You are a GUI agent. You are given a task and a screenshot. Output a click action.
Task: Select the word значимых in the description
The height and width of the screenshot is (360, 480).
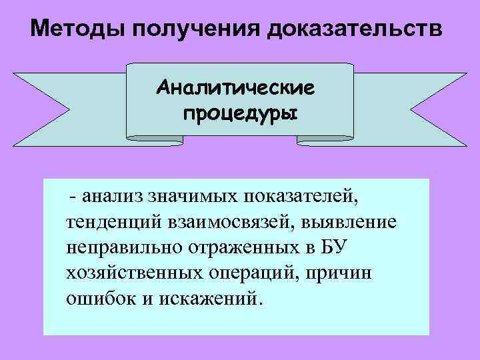pyautogui.click(x=193, y=196)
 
